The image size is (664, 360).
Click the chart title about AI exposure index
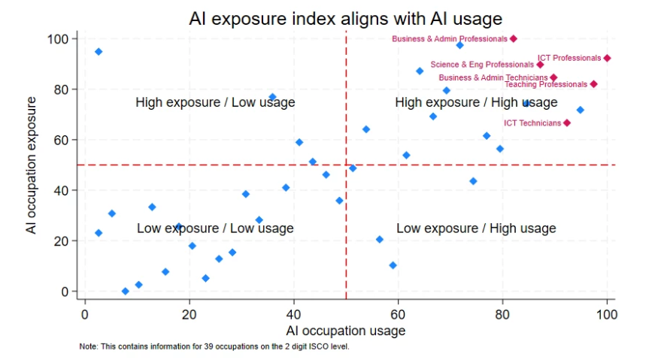[345, 17]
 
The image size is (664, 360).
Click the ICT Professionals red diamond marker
[607, 58]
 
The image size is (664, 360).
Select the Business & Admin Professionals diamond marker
[514, 38]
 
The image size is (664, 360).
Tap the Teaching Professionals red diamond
[593, 84]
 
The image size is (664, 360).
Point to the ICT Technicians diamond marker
[567, 123]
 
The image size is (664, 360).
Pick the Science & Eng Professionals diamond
[540, 65]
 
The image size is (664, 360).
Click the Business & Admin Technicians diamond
[553, 77]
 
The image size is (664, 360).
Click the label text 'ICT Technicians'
[532, 123]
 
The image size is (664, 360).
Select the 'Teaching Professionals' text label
[545, 84]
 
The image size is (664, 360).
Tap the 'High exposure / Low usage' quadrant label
[215, 102]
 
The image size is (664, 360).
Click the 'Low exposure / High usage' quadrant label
[476, 228]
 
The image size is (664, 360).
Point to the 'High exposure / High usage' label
[476, 102]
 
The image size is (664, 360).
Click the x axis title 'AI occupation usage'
[345, 331]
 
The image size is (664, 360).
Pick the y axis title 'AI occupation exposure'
[32, 165]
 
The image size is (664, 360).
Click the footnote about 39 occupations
[214, 346]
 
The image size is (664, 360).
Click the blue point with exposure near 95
[99, 51]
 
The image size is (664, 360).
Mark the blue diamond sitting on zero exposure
[125, 291]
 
